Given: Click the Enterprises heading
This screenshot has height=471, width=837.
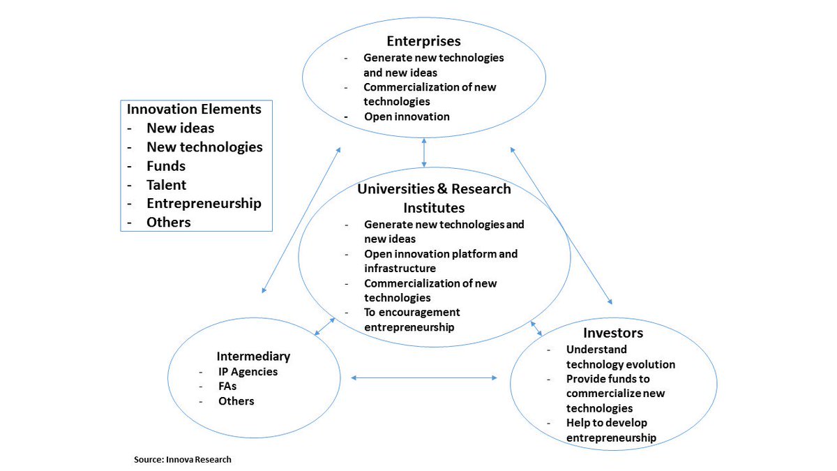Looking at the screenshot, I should click(423, 41).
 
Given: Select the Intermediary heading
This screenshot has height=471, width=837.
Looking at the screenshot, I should click(253, 356).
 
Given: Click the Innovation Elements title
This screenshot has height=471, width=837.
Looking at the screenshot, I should click(194, 110).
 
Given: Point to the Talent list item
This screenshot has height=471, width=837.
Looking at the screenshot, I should click(166, 185).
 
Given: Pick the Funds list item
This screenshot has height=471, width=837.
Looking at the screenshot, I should click(165, 166).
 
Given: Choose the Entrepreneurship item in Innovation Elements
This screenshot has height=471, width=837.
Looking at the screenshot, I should click(204, 204).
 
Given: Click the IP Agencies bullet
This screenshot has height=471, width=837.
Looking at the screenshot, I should click(248, 371).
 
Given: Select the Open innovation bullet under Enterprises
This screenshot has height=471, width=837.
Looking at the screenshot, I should click(407, 117).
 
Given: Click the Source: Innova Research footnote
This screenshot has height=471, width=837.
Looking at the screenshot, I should click(182, 460).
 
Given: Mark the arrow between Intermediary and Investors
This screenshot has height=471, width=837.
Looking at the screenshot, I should click(424, 378).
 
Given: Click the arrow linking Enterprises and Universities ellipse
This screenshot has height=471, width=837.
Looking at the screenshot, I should click(424, 153).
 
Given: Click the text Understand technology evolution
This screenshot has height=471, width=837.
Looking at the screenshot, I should click(620, 357).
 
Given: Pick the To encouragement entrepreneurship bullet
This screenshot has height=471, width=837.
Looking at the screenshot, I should click(412, 319).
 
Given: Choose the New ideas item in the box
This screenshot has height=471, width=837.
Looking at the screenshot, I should click(180, 128).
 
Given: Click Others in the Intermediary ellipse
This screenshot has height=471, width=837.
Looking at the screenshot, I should click(236, 401).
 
